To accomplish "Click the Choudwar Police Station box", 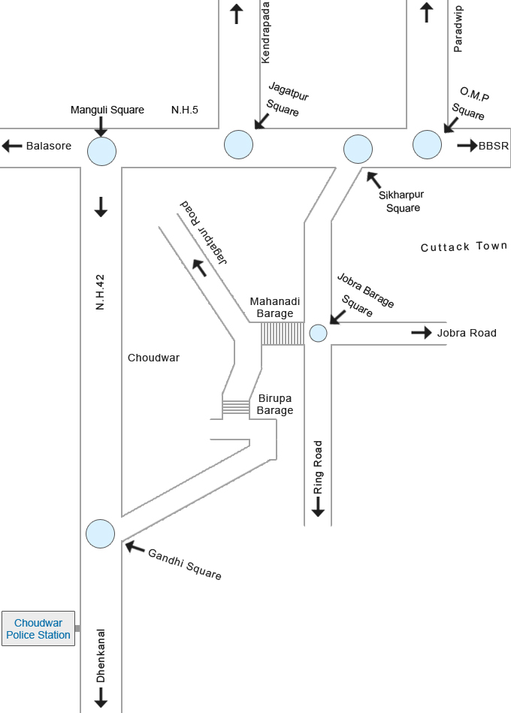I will [x=38, y=628].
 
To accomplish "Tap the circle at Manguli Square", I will [x=101, y=151].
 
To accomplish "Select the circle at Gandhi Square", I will [x=101, y=533].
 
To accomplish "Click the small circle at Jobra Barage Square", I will [x=319, y=332].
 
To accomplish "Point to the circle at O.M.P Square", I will [x=427, y=145].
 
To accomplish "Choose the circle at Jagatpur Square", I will [x=238, y=144].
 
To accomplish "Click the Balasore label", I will [x=49, y=146].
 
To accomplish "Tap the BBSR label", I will [x=494, y=146].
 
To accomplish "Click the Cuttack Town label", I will [x=464, y=246].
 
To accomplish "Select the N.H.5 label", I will [x=185, y=110].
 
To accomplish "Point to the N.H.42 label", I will [x=100, y=293].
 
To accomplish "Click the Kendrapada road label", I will [x=265, y=32].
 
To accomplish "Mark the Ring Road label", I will [x=318, y=467].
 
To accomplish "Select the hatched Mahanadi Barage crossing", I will [x=283, y=334].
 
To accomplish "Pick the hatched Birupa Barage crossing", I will [x=236, y=407].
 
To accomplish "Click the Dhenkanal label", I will [x=101, y=656].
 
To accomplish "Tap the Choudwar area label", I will [x=153, y=358].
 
